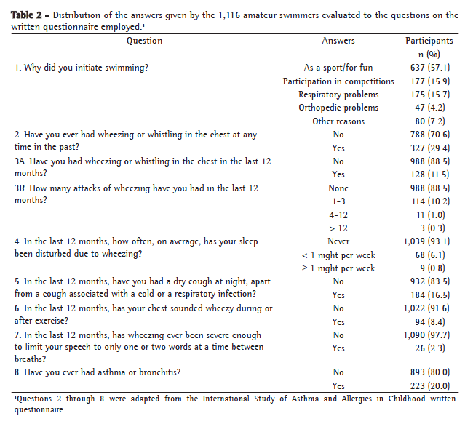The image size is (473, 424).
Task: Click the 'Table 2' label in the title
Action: (x=26, y=15)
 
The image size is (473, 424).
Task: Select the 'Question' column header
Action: (x=145, y=41)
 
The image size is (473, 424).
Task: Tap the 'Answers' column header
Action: (x=338, y=41)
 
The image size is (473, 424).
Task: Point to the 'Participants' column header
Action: (x=429, y=41)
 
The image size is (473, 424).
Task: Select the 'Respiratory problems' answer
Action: (x=338, y=95)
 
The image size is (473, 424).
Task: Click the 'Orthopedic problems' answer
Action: (x=338, y=108)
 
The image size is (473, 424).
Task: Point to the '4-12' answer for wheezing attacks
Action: (x=338, y=215)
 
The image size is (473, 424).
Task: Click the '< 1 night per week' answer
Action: (x=338, y=255)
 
